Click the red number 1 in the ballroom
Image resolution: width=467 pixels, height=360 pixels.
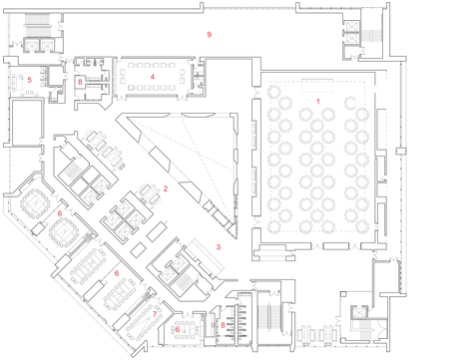[318, 101]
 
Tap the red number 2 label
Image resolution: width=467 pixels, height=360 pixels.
[166, 188]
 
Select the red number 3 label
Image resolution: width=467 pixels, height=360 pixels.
[219, 247]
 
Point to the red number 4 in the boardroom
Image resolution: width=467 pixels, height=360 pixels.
[153, 77]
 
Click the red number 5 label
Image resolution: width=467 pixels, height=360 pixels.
[30, 80]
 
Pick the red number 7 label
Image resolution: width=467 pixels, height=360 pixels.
[155, 314]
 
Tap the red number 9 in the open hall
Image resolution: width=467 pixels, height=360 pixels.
[209, 34]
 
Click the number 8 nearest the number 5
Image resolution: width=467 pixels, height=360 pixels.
[80, 82]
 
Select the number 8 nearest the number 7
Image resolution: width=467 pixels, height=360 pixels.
[223, 325]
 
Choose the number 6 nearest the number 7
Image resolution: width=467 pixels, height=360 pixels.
[178, 329]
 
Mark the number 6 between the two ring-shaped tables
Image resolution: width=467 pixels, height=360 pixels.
[60, 213]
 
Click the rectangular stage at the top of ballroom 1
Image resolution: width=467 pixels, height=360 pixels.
[317, 86]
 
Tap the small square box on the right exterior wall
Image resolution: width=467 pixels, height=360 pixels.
[401, 151]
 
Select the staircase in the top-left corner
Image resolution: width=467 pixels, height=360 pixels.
[38, 25]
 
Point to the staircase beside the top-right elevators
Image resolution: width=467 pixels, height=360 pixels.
[371, 36]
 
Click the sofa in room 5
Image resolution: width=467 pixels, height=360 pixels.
[15, 82]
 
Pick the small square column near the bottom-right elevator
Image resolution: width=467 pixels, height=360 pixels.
[343, 294]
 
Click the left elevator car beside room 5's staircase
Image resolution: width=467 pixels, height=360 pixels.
[32, 45]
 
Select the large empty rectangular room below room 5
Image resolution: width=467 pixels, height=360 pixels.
[27, 123]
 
